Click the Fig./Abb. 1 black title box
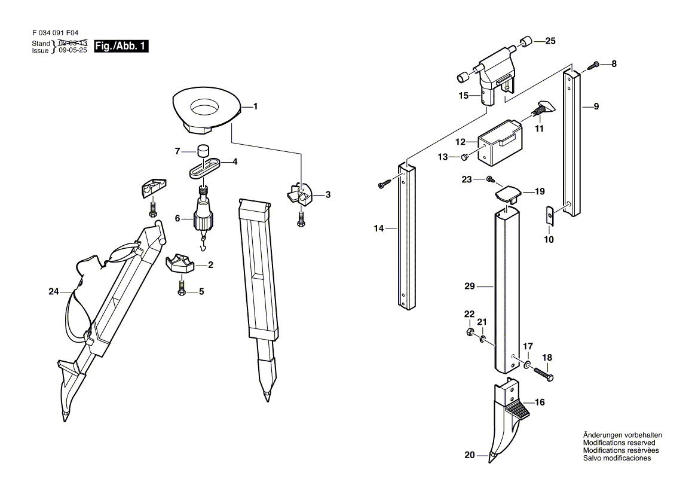[x=121, y=46]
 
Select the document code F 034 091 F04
[x=55, y=33]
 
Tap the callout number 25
[x=550, y=41]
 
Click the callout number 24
[x=53, y=292]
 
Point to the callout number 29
[x=470, y=286]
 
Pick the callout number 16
[x=540, y=402]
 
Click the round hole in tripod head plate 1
[x=205, y=108]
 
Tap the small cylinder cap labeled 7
[x=204, y=150]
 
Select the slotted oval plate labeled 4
[x=205, y=167]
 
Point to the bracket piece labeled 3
[x=301, y=194]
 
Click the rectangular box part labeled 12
[x=500, y=143]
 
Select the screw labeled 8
[x=593, y=65]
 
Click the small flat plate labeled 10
[x=550, y=215]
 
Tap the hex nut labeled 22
[x=470, y=331]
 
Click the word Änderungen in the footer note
[x=603, y=435]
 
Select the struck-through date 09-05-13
[x=73, y=43]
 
